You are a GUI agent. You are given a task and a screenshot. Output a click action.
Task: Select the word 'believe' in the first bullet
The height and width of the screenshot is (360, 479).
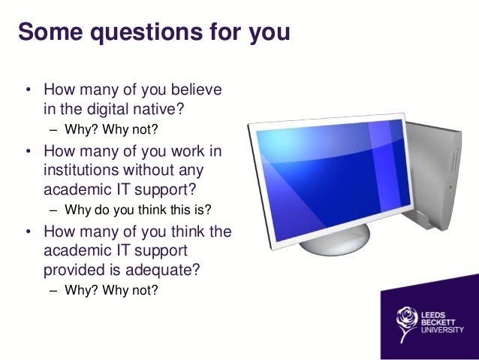[x=197, y=91]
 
